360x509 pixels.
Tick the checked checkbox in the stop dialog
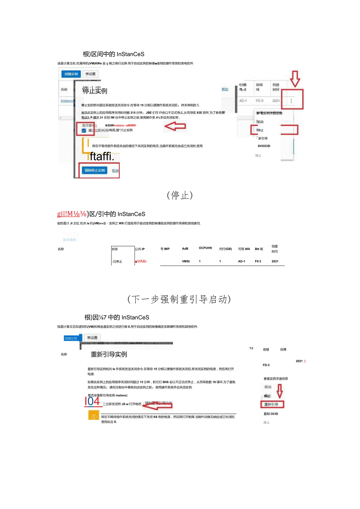coord(84,130)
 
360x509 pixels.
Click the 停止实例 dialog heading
coord(95,91)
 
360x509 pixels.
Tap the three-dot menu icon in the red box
coord(291,101)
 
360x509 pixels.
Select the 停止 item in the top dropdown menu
coord(260,130)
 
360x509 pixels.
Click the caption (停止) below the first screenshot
coord(180,195)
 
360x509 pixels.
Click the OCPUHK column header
coord(205,248)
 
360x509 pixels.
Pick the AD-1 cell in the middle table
coord(241,261)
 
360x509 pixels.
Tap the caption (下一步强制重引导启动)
coord(180,299)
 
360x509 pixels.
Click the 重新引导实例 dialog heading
coord(109,354)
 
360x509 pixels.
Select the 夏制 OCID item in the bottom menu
coord(271,414)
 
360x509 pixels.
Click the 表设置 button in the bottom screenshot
coord(92,338)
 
